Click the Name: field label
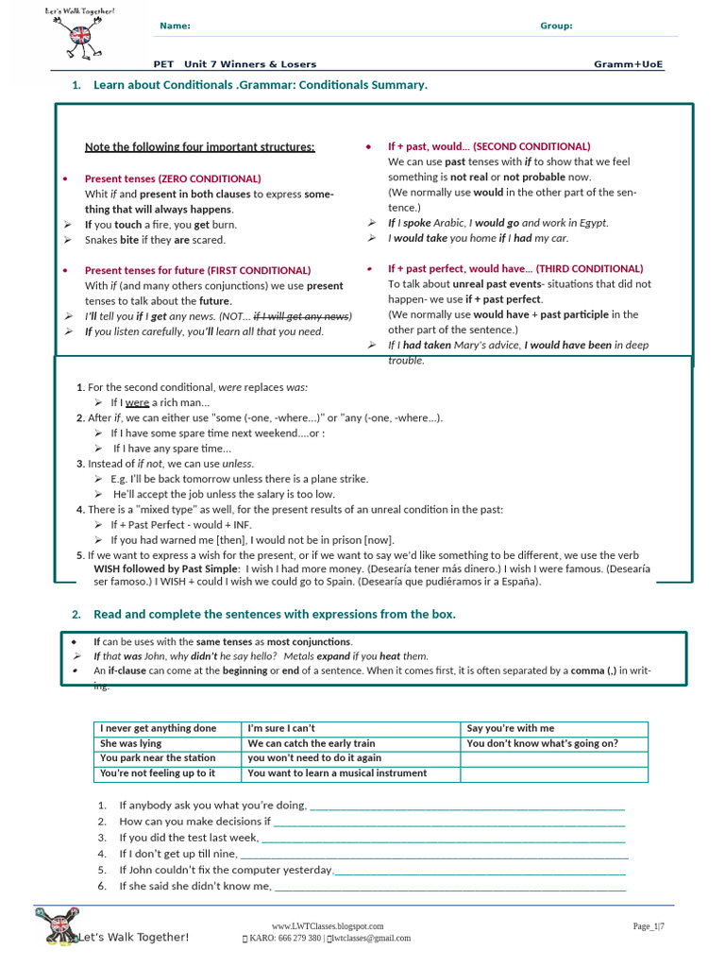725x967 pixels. pos(176,25)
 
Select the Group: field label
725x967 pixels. pos(556,25)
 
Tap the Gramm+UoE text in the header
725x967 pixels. pos(628,64)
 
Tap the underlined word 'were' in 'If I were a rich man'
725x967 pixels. pos(138,403)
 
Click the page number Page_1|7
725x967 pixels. pos(649,926)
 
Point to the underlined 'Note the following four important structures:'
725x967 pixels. pos(200,146)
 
